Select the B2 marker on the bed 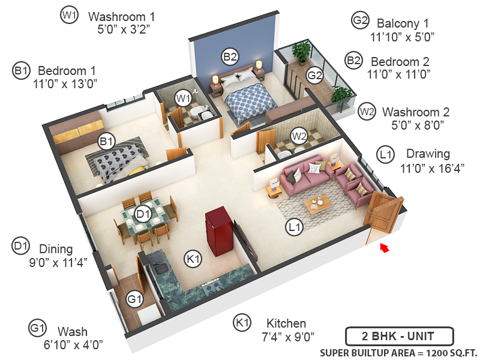[230, 57]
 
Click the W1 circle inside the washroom [182, 98]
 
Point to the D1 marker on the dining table [142, 214]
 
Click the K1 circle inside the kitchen [193, 259]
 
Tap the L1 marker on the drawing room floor [293, 227]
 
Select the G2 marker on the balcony [315, 75]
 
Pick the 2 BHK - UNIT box [399, 336]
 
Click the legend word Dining [56, 248]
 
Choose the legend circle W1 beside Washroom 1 [69, 16]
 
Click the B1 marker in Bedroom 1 [107, 142]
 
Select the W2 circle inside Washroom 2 [299, 136]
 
